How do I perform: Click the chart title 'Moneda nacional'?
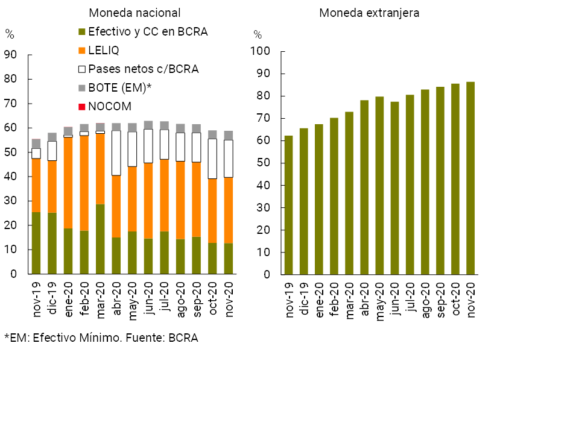(x=134, y=13)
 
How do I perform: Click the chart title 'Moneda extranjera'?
(x=369, y=13)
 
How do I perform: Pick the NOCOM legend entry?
(x=109, y=107)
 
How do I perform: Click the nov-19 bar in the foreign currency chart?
(x=289, y=205)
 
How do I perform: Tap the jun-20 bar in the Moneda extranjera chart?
(x=394, y=188)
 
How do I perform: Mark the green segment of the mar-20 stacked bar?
(x=100, y=239)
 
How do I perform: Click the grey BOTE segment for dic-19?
(x=52, y=137)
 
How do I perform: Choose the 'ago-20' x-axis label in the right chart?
(x=425, y=301)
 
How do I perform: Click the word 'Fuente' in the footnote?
(x=141, y=338)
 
